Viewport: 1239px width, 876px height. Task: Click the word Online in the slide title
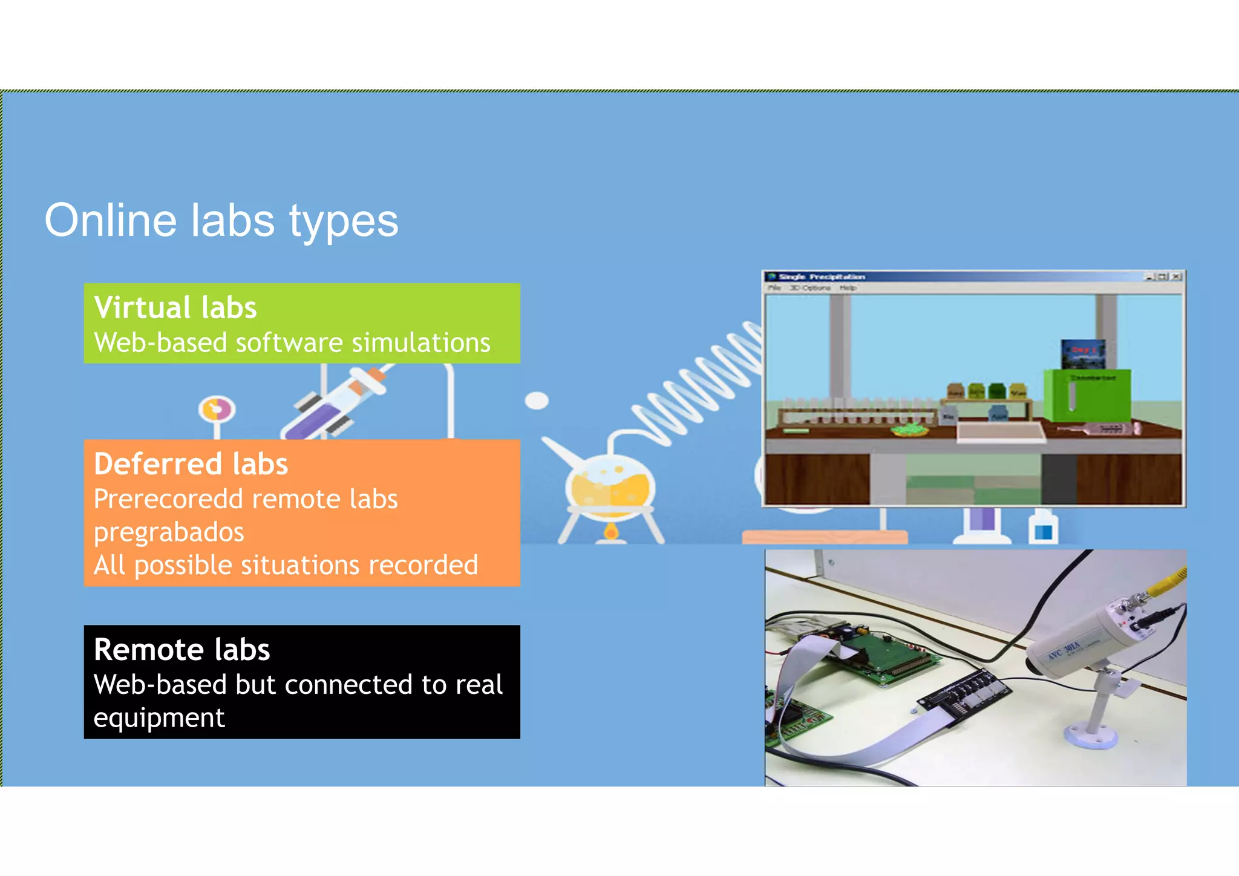[111, 220]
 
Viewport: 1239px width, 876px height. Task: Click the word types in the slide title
[343, 223]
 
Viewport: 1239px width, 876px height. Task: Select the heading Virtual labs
[175, 307]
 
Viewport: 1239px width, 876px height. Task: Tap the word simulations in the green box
[420, 343]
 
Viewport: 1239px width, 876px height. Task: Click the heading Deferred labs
[191, 464]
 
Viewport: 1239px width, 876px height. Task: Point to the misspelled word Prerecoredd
[168, 500]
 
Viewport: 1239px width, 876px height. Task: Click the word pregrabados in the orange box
[169, 532]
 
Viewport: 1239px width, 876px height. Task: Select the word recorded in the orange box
[423, 566]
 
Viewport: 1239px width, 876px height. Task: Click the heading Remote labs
[181, 650]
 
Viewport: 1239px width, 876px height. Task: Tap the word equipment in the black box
[159, 718]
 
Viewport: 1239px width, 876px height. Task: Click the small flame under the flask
[611, 532]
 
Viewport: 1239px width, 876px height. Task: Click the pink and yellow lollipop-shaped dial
[217, 410]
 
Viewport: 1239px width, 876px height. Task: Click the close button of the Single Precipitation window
[1175, 276]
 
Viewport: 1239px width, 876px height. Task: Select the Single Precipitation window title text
[822, 276]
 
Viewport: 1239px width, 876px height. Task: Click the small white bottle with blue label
[1043, 528]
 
